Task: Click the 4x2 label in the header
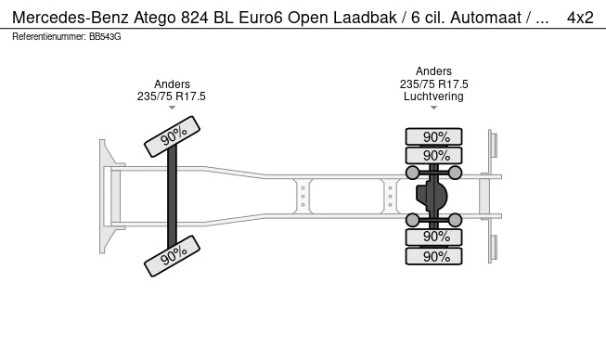point(580,18)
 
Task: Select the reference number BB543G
point(105,37)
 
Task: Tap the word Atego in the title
point(155,18)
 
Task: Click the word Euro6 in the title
point(261,18)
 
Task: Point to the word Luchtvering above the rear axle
point(433,96)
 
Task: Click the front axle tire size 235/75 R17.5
point(171,96)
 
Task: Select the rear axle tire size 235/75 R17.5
point(433,84)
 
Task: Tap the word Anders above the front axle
point(172,84)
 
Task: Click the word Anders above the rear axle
point(433,71)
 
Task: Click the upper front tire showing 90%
point(172,136)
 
